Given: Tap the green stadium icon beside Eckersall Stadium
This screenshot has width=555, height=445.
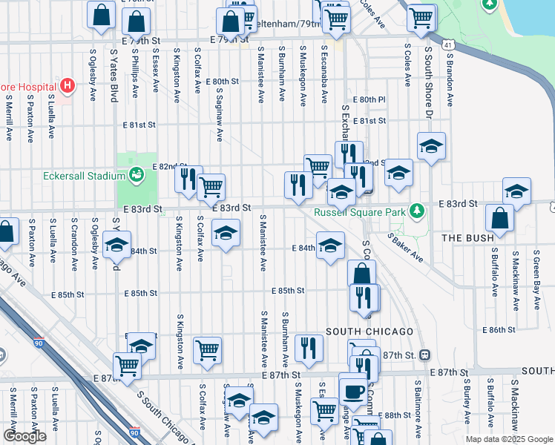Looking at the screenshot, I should click(x=135, y=175).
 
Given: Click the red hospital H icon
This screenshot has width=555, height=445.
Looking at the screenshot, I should click(x=68, y=86).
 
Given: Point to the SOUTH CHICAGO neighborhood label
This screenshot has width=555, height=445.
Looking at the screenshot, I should click(x=369, y=331).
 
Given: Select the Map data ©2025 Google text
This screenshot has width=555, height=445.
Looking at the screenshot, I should click(x=508, y=439).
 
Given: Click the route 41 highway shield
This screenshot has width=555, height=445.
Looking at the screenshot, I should click(x=447, y=45).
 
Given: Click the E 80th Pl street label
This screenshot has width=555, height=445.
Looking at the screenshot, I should click(x=370, y=99).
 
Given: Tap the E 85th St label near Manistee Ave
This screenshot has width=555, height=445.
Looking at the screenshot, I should click(x=288, y=291).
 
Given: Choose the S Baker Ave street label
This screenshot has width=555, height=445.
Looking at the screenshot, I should click(x=405, y=247).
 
